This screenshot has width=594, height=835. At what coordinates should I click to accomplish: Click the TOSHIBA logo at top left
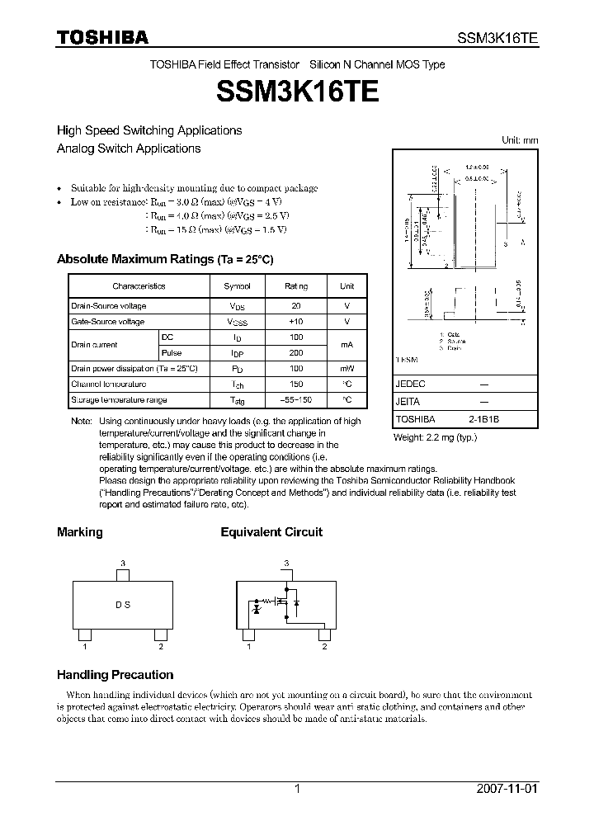(x=102, y=37)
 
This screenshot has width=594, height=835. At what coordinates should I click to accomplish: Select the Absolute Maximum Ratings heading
(x=164, y=259)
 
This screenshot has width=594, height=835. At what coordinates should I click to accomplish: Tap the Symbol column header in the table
(x=238, y=286)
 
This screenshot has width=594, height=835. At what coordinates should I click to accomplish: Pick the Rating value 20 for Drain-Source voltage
(x=296, y=306)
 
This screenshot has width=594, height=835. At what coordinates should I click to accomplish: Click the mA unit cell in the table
(x=346, y=345)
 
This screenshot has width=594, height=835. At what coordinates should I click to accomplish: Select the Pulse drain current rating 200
(x=296, y=353)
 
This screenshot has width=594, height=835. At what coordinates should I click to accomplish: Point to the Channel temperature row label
(x=108, y=384)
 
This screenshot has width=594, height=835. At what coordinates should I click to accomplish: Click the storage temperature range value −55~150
(x=296, y=400)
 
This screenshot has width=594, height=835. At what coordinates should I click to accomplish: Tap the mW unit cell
(x=346, y=369)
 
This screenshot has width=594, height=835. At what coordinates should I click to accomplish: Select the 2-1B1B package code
(x=484, y=419)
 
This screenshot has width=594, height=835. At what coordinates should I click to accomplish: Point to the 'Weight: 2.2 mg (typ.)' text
(x=435, y=437)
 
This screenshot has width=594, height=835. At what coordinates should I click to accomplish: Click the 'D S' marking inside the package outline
(x=123, y=605)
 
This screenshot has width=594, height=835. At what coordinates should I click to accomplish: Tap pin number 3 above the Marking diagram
(x=123, y=564)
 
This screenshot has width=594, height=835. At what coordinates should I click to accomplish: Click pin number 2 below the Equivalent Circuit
(x=324, y=647)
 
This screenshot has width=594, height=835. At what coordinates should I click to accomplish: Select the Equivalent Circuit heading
(x=271, y=532)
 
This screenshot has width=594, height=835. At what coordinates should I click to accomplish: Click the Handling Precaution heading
(x=115, y=674)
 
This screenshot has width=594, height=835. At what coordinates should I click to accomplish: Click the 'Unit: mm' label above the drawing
(x=520, y=140)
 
